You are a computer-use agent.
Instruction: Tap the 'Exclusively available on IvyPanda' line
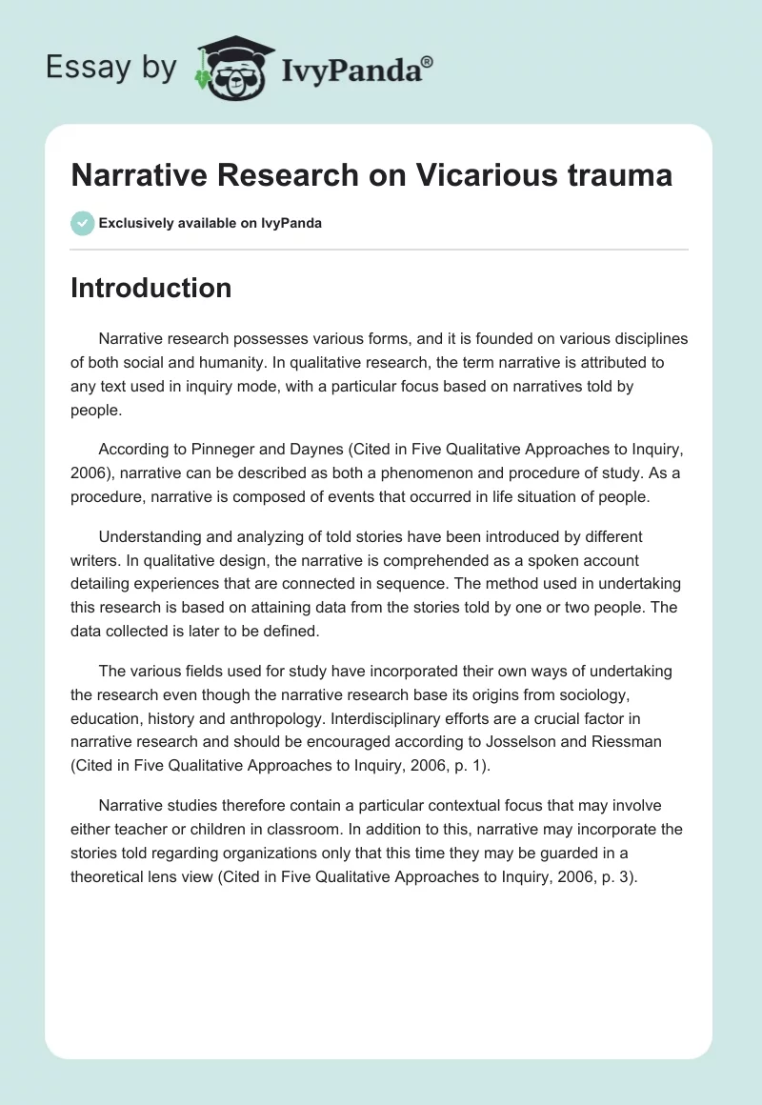[x=210, y=223]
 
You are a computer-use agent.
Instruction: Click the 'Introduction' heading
[x=150, y=288]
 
